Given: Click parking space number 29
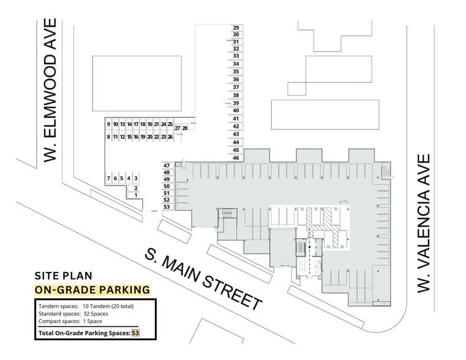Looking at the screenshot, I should (236, 28).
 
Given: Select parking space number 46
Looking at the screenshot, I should (236, 158).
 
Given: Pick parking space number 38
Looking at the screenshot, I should (236, 96).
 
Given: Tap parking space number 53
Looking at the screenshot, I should (167, 208).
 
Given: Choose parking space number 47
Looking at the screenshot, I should (167, 165).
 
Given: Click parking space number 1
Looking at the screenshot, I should (136, 195).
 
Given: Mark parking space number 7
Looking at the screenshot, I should (108, 178).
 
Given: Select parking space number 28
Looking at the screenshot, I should (185, 128).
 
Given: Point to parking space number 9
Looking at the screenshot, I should (108, 124).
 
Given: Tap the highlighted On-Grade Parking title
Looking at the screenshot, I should (92, 290).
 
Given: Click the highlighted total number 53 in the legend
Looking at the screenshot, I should (136, 333).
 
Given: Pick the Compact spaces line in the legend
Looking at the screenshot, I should (72, 321).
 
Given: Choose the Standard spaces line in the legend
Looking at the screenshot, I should (73, 313).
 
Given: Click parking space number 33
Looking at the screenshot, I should (236, 56).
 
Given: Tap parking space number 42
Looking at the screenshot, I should (236, 126).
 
